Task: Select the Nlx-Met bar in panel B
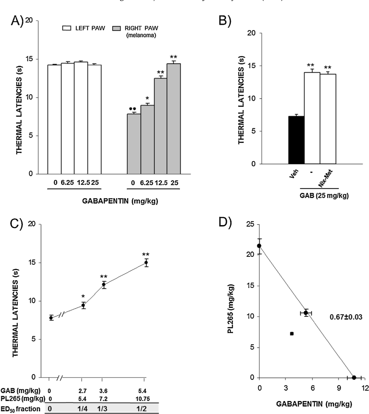(328, 119)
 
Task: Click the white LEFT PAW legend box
(67, 28)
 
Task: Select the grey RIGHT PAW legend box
(116, 28)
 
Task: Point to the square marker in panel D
(292, 334)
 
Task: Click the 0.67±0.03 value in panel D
(346, 317)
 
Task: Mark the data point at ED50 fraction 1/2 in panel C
(146, 263)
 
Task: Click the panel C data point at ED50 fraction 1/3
(104, 284)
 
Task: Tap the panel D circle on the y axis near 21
(259, 246)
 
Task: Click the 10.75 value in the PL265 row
(143, 399)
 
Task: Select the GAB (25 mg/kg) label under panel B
(324, 196)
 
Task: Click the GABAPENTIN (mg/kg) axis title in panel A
(120, 201)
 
